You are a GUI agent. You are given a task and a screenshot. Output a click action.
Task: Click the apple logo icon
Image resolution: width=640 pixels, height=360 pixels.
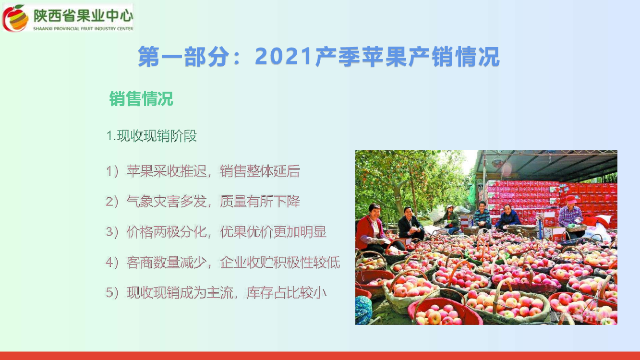pos(15,18)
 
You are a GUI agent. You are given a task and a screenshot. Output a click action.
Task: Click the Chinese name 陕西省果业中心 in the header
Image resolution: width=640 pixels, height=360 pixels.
pos(83,15)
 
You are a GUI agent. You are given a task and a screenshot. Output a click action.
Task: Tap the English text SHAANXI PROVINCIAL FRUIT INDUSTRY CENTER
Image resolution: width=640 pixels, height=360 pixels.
pos(83,29)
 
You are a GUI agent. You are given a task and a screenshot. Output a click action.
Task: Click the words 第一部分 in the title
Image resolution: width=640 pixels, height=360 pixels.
pos(184,57)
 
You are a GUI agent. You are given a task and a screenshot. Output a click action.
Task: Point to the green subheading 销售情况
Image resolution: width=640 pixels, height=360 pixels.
pos(141,98)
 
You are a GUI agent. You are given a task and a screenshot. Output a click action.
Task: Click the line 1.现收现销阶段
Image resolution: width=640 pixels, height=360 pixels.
pos(151,136)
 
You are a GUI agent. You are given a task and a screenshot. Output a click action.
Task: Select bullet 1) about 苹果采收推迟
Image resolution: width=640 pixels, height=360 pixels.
pos(203,171)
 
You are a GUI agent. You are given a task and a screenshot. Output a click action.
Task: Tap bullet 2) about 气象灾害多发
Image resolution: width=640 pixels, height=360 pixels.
pos(203,202)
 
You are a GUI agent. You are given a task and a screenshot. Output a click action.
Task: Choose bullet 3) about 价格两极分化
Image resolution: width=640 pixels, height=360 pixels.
pos(216,232)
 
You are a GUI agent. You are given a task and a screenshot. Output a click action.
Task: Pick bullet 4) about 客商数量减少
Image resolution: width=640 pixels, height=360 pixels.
pos(223,262)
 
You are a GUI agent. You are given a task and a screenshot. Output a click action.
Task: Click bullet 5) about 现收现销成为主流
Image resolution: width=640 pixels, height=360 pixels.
pos(216,293)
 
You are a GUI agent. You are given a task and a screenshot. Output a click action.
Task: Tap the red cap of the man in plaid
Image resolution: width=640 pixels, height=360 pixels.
pos(571,199)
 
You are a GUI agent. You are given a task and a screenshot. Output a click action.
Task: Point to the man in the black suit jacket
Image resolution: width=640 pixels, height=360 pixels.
pos(411,224)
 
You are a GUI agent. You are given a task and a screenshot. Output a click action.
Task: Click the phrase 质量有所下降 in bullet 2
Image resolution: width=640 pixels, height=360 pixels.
pos(260,202)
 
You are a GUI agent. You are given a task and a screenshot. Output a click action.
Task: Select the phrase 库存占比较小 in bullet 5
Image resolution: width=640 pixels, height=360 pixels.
pos(286,293)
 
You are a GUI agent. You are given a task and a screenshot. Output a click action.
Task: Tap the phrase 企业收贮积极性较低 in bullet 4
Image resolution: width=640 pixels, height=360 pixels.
pos(280,262)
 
